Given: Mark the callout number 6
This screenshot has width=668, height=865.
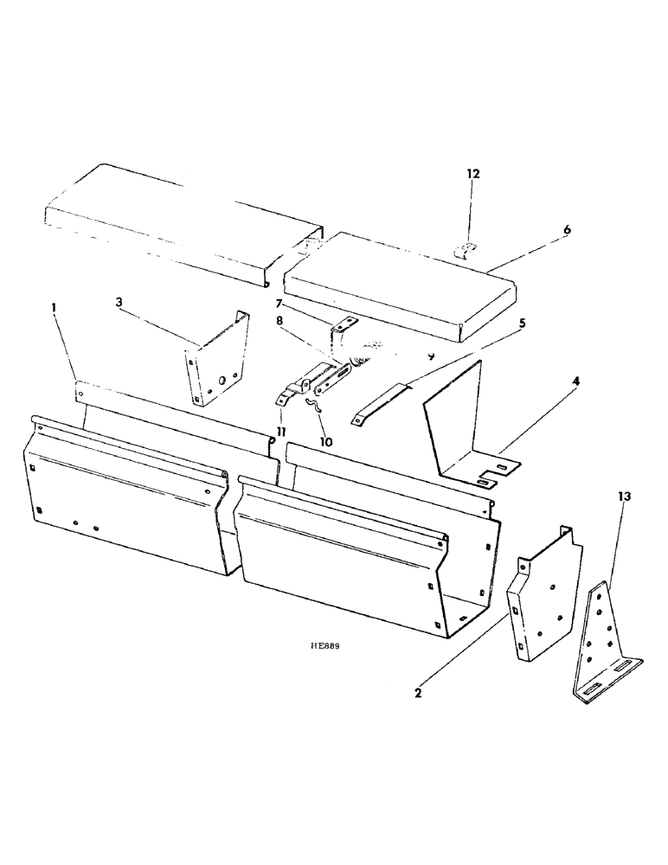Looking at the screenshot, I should pos(567,230).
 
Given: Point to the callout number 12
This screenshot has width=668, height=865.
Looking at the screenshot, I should pos(472,174).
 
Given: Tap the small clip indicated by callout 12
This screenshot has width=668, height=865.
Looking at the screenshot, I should pos(466,250).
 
